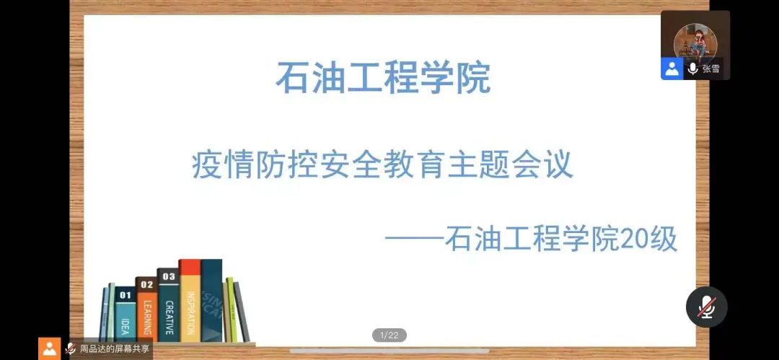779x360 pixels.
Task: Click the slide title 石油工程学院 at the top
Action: pyautogui.click(x=383, y=77)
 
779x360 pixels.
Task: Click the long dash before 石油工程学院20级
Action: pyautogui.click(x=414, y=240)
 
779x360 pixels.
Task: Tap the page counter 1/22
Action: pyautogui.click(x=389, y=335)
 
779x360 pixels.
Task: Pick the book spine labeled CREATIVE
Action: pyautogui.click(x=168, y=305)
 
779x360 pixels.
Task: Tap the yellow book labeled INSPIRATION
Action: pyautogui.click(x=190, y=301)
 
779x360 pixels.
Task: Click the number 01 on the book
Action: pyautogui.click(x=126, y=295)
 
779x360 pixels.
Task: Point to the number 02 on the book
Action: pyautogui.click(x=146, y=285)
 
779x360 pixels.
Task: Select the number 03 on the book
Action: pyautogui.click(x=168, y=276)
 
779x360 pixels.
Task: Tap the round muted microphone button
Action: pyautogui.click(x=706, y=307)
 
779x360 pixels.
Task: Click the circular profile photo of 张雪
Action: pyautogui.click(x=695, y=42)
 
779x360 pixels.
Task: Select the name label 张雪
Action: pyautogui.click(x=711, y=69)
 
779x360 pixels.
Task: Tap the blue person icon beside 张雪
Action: pyautogui.click(x=672, y=69)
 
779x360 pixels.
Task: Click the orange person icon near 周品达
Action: pyautogui.click(x=49, y=348)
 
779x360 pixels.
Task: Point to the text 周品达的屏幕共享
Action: pyautogui.click(x=115, y=348)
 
